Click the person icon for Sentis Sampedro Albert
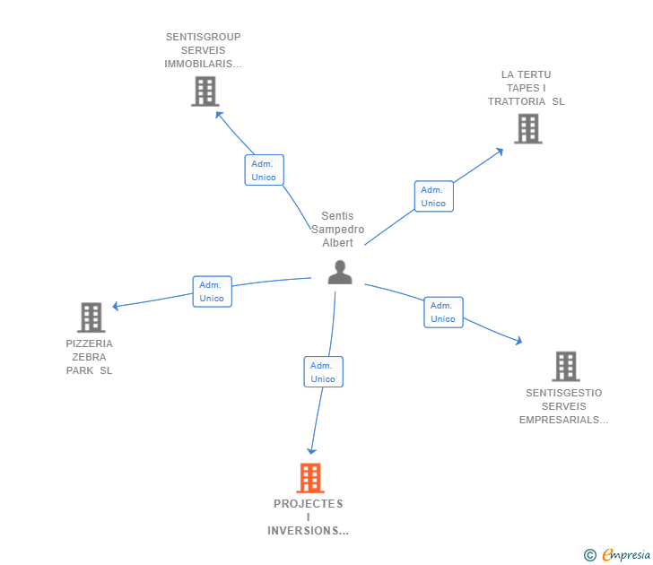click(340, 272)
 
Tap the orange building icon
click(309, 478)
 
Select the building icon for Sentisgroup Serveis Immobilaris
click(205, 91)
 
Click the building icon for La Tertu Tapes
click(528, 128)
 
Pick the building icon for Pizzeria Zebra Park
click(91, 317)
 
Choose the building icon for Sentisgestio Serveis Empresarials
click(565, 366)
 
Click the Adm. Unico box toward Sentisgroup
click(264, 170)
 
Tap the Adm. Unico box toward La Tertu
click(433, 196)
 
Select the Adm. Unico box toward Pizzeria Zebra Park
click(212, 291)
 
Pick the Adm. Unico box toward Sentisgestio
click(443, 312)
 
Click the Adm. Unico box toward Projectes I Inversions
click(323, 372)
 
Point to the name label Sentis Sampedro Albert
click(338, 230)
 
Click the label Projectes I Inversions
click(309, 517)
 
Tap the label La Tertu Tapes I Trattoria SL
click(527, 88)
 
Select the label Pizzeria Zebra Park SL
click(90, 357)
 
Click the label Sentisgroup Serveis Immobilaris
click(204, 50)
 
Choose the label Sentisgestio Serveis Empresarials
click(563, 406)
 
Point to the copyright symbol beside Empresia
click(590, 555)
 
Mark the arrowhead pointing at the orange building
click(312, 450)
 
